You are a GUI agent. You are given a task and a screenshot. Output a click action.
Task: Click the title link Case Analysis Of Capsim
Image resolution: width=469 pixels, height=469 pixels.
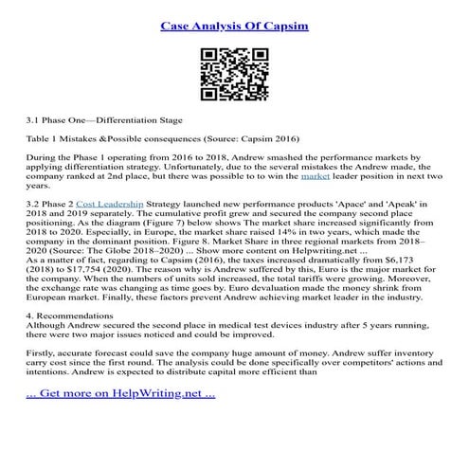pos(234,19)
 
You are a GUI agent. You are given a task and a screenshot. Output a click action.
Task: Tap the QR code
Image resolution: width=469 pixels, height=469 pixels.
pos(233,74)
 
